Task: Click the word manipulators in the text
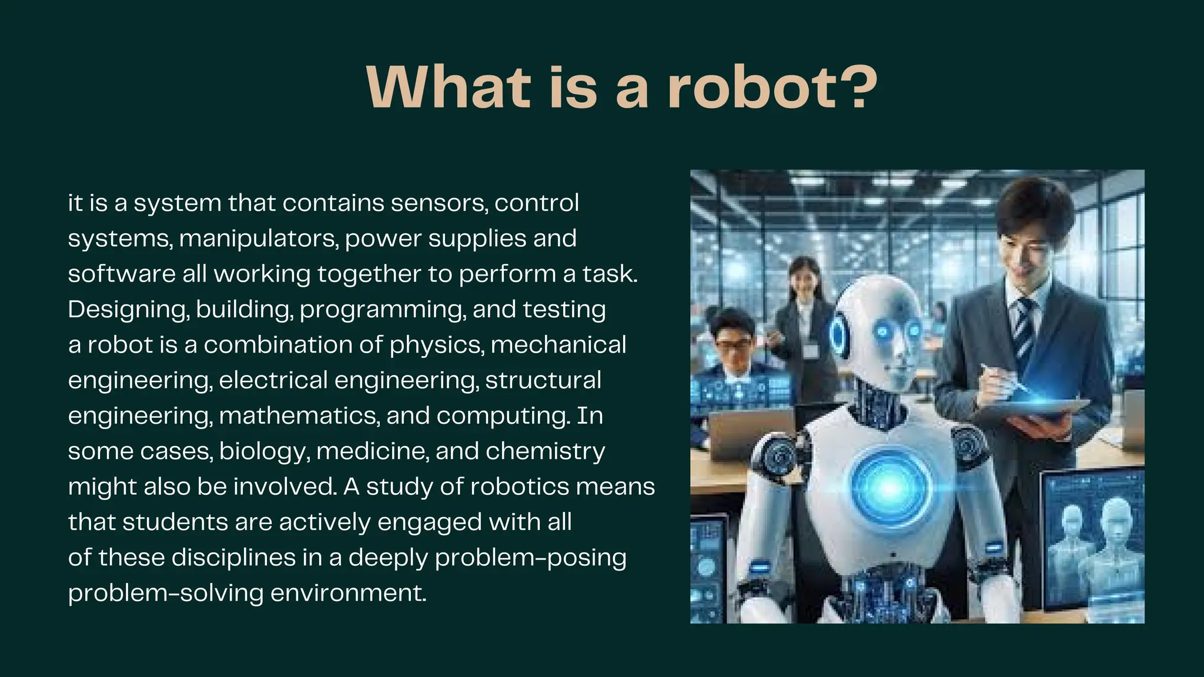coord(259,239)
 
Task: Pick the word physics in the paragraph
coord(437,346)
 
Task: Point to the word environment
coord(348,593)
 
